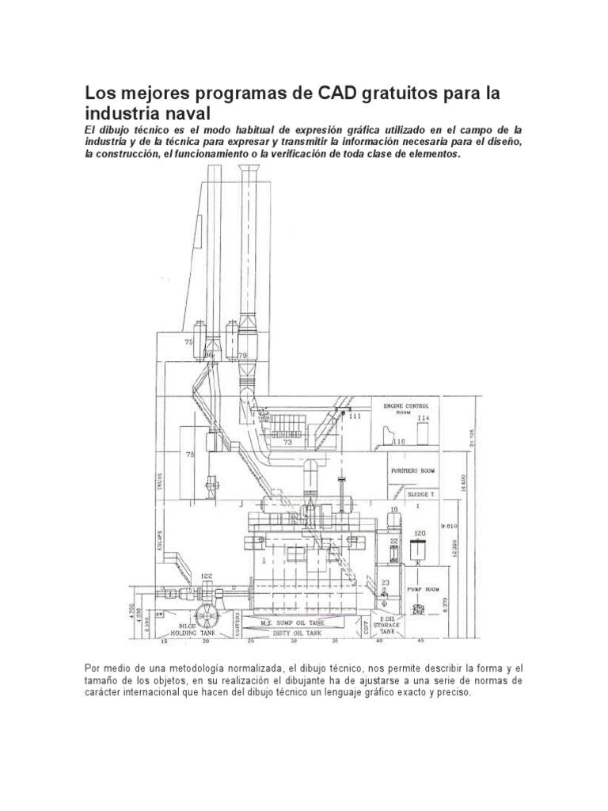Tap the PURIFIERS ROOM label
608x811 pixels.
(x=413, y=470)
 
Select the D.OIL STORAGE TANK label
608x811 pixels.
(x=388, y=625)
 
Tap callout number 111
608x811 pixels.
(x=354, y=415)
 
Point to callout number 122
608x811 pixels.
(x=207, y=577)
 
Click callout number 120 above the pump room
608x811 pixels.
(x=420, y=532)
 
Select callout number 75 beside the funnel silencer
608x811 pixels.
(x=188, y=342)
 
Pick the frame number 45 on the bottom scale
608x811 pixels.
(x=420, y=640)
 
